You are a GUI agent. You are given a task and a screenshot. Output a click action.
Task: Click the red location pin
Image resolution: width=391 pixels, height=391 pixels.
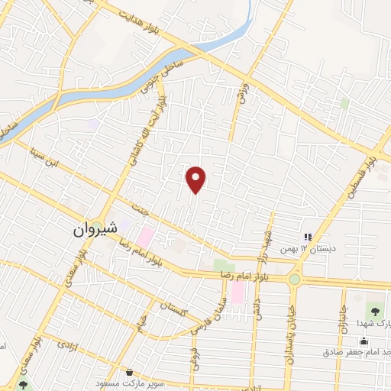[x=197, y=179]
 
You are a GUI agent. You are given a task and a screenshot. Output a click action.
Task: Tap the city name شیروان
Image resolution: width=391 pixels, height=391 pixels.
[x=96, y=228]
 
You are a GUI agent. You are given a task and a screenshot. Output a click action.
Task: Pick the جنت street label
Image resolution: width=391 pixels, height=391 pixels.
[x=138, y=208]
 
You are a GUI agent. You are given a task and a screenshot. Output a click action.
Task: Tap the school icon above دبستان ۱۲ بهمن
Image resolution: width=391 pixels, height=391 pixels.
[x=308, y=237]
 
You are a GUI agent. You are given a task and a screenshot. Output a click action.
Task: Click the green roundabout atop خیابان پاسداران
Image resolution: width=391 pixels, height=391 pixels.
[x=295, y=280]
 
